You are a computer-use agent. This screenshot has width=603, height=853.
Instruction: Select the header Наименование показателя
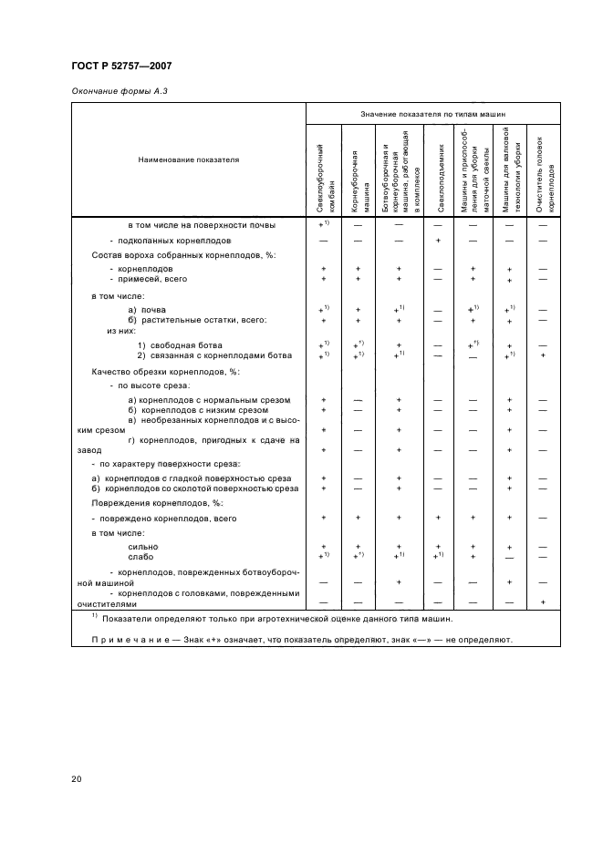188,159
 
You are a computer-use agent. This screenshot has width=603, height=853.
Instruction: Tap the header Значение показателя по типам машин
433,115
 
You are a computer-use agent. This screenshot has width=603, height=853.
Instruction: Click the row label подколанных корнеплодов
170,240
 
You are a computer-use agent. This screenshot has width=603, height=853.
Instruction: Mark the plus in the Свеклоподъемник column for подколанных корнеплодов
439,240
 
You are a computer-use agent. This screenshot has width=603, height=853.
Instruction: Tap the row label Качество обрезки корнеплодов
152,371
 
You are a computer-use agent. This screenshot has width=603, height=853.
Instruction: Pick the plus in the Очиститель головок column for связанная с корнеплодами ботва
543,355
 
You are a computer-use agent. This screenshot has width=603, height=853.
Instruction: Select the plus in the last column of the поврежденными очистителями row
543,601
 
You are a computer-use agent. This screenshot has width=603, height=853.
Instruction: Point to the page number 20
76,778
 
